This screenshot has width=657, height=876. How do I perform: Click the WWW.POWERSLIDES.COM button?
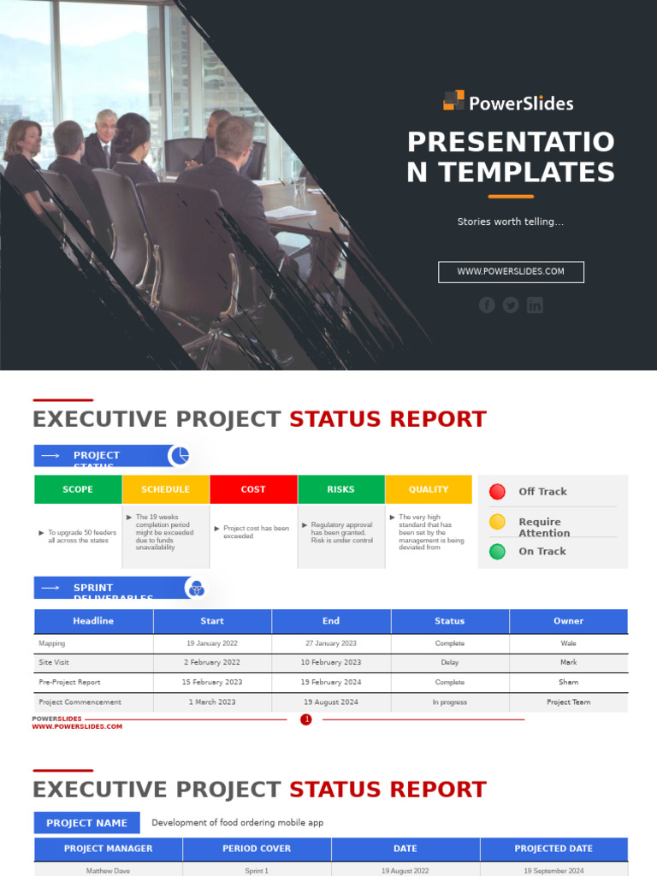point(511,272)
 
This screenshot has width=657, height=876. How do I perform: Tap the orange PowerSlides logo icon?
point(453,101)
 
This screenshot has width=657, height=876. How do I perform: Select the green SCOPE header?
point(78,489)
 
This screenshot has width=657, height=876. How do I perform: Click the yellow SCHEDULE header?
point(166,489)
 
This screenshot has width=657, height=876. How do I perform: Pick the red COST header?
point(253,489)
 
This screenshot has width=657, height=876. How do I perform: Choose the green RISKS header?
point(340,489)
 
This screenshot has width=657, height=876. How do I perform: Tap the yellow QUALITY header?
point(429,489)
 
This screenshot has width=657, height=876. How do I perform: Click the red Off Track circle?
point(497,491)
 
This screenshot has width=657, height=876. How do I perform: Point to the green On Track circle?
point(497,552)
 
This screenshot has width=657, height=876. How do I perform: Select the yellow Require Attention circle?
point(497,522)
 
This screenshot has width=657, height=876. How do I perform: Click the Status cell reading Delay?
point(450,663)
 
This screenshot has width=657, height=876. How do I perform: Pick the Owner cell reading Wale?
point(568,643)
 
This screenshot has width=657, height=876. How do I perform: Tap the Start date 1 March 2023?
point(213,702)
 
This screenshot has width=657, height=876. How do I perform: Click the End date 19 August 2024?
point(331,702)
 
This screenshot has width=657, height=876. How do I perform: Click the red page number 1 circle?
point(306,719)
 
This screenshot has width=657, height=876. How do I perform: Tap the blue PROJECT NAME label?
point(86,823)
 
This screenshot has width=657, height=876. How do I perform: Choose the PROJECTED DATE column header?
point(553,849)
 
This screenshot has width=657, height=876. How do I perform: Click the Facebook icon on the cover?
point(487,305)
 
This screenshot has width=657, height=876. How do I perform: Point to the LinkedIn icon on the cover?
point(535,305)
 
